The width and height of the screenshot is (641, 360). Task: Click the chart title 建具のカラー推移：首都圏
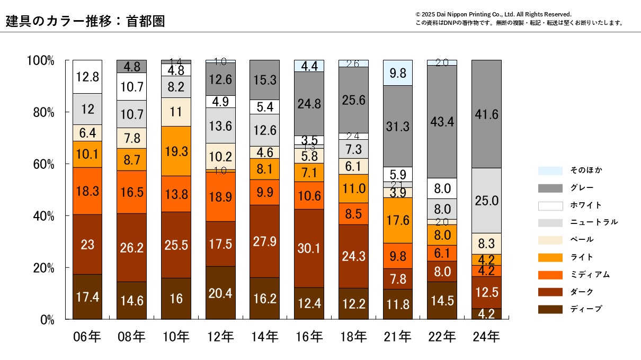[x=85, y=21]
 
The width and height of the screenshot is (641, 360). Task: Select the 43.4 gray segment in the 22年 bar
[x=442, y=121]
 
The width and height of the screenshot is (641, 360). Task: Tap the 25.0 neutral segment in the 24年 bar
[x=486, y=201]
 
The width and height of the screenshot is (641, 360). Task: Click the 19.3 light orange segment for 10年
[x=176, y=151]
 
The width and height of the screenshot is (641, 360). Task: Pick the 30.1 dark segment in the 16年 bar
[x=309, y=248]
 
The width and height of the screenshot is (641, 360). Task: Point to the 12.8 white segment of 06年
[x=87, y=77]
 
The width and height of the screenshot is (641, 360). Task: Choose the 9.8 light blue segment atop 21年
[x=398, y=73]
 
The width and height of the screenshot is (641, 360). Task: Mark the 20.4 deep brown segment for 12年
[x=220, y=293]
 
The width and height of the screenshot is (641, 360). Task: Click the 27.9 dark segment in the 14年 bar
[x=264, y=241]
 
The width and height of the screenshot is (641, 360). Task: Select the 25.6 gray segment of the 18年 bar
[x=353, y=101]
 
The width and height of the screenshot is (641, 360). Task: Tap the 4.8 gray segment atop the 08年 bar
[x=132, y=67]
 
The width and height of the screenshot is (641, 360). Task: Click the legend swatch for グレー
[x=550, y=188]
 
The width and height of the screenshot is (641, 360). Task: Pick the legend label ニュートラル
[x=594, y=222]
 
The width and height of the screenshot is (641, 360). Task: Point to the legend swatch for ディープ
[x=550, y=309]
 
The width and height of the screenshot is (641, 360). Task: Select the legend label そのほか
[x=586, y=170]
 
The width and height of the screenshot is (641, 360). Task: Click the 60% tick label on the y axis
[x=41, y=164]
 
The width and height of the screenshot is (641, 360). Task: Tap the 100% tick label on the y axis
[x=40, y=60]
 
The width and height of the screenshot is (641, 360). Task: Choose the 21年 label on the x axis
[x=398, y=336]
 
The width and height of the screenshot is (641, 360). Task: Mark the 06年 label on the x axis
[x=87, y=336]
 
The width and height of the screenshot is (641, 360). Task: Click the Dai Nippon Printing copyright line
[x=493, y=14]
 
